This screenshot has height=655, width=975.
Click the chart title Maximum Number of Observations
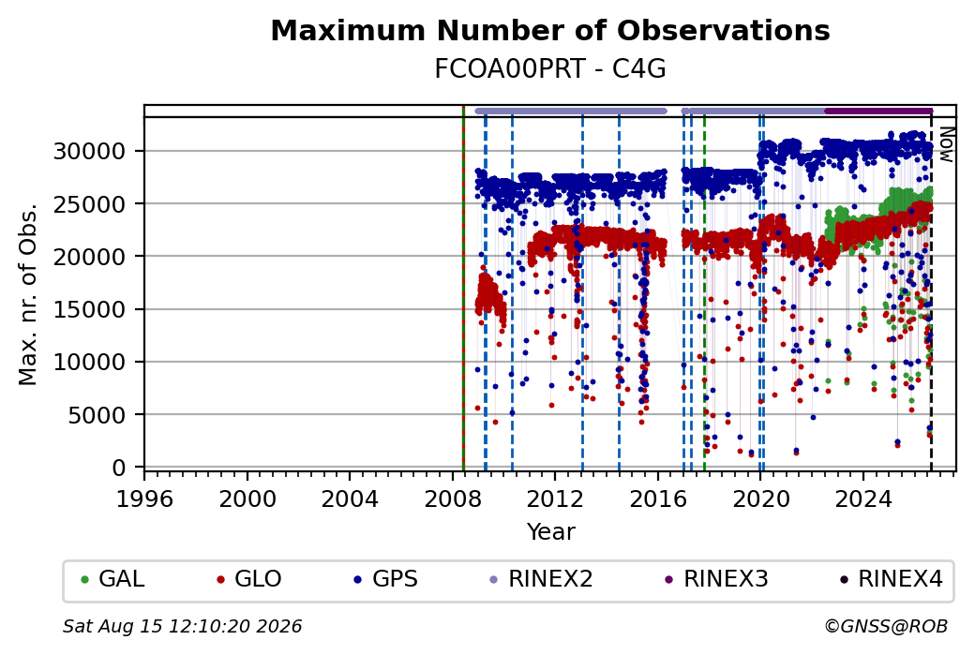pyautogui.click(x=550, y=30)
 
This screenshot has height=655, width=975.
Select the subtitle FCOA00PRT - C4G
pyautogui.click(x=550, y=69)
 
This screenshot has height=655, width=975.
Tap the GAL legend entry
pyautogui.click(x=113, y=579)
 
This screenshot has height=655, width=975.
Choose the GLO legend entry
pyautogui.click(x=249, y=579)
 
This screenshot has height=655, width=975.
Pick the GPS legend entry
pyautogui.click(x=386, y=579)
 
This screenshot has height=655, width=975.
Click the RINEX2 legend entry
pyautogui.click(x=542, y=579)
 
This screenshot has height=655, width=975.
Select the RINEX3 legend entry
pyautogui.click(x=717, y=579)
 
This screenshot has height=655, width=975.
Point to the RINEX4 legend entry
pyautogui.click(x=892, y=579)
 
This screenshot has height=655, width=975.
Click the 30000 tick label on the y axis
pyautogui.click(x=90, y=151)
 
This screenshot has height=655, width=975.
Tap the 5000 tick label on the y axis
pyautogui.click(x=97, y=415)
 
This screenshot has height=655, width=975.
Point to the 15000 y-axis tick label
pyautogui.click(x=90, y=309)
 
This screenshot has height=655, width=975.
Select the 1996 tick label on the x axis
pyautogui.click(x=145, y=499)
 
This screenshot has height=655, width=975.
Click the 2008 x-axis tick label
pyautogui.click(x=453, y=499)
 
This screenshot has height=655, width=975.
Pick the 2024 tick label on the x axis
pyautogui.click(x=863, y=499)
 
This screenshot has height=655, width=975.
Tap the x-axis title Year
pyautogui.click(x=551, y=532)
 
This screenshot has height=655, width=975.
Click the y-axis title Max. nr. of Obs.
pyautogui.click(x=27, y=293)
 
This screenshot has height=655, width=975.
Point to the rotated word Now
pyautogui.click(x=947, y=144)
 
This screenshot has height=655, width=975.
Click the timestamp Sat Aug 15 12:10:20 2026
pyautogui.click(x=182, y=626)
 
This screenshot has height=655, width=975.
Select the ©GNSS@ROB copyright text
pyautogui.click(x=887, y=626)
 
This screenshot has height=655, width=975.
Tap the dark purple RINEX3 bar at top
pyautogui.click(x=878, y=112)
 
